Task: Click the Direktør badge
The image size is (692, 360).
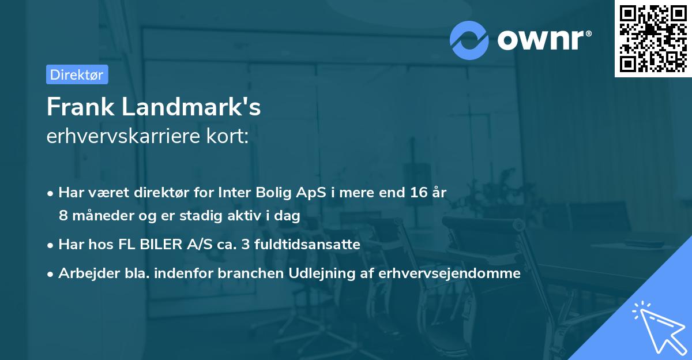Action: (x=77, y=74)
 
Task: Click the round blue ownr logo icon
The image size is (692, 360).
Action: (x=469, y=40)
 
